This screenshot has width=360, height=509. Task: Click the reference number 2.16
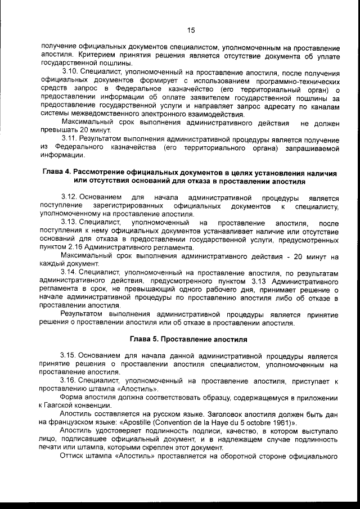pos(78,247)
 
